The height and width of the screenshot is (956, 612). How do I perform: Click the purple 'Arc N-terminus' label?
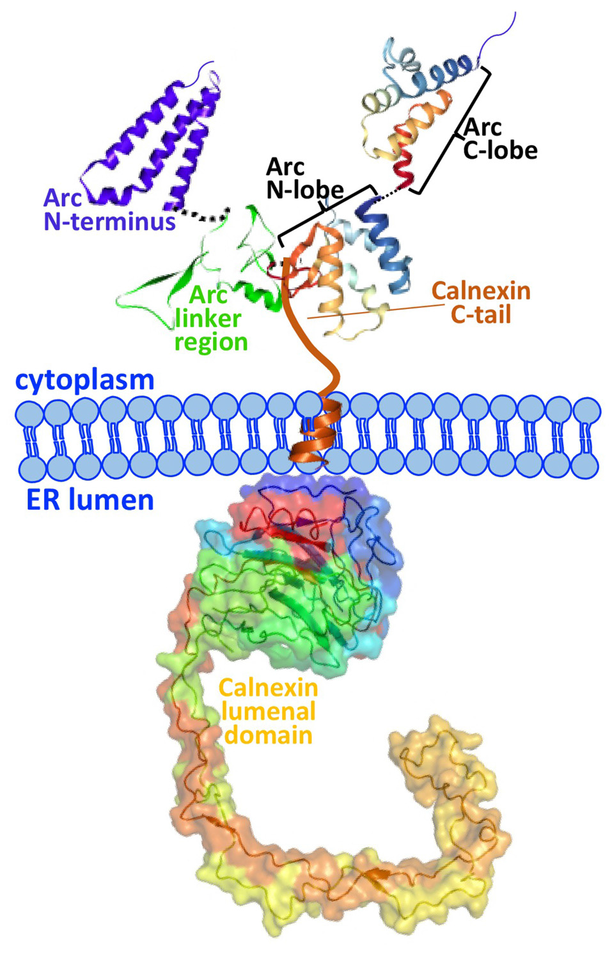point(109,210)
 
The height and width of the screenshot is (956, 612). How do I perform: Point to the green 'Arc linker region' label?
point(210,318)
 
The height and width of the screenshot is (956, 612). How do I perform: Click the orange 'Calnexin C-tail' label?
point(481,302)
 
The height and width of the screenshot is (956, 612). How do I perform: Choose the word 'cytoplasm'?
point(85,380)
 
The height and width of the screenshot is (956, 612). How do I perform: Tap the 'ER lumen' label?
point(90,499)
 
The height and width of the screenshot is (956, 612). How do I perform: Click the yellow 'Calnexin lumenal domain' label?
point(269,711)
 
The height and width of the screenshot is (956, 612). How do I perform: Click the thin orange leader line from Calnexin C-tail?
point(371,311)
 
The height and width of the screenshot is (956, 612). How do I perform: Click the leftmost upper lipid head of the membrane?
point(29,414)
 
